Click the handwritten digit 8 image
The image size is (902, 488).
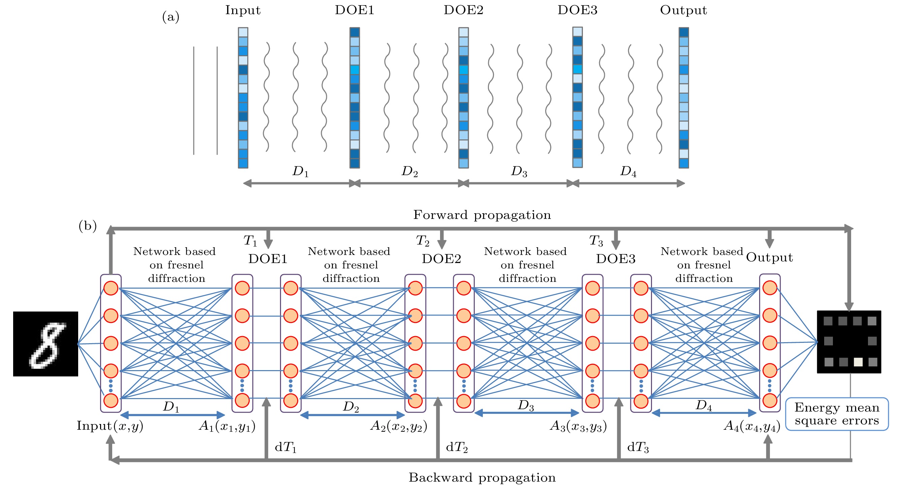click(x=45, y=344)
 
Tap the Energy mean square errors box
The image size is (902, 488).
click(x=837, y=414)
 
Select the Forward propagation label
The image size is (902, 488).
click(x=482, y=215)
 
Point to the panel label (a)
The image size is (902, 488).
click(x=170, y=17)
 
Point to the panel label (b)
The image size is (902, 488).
click(x=88, y=226)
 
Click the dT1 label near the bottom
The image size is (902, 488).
click(x=285, y=447)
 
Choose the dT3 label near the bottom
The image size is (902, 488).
click(x=637, y=447)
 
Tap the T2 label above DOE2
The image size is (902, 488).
click(x=422, y=240)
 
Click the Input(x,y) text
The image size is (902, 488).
click(x=110, y=426)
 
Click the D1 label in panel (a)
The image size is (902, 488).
click(x=301, y=171)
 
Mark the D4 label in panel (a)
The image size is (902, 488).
click(x=628, y=171)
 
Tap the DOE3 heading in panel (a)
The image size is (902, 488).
click(x=577, y=10)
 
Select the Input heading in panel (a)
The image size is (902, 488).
click(x=243, y=10)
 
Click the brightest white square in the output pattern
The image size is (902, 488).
click(x=858, y=362)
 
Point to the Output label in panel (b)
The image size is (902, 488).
click(x=769, y=257)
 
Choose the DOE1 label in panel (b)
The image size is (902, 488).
click(x=268, y=259)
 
